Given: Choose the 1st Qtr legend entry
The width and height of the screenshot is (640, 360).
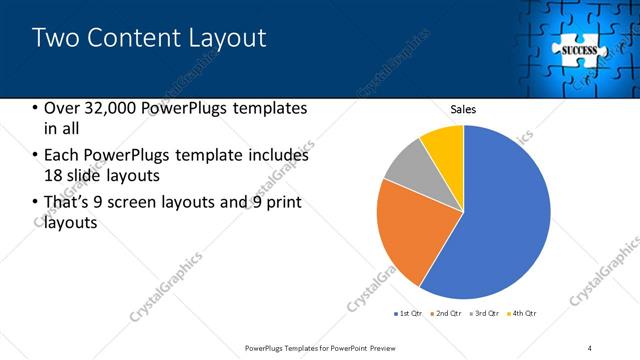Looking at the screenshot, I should [411, 314].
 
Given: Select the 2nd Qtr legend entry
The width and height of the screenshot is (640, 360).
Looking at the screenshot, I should [449, 314].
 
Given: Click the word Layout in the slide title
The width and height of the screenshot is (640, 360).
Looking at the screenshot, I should [232, 39].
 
